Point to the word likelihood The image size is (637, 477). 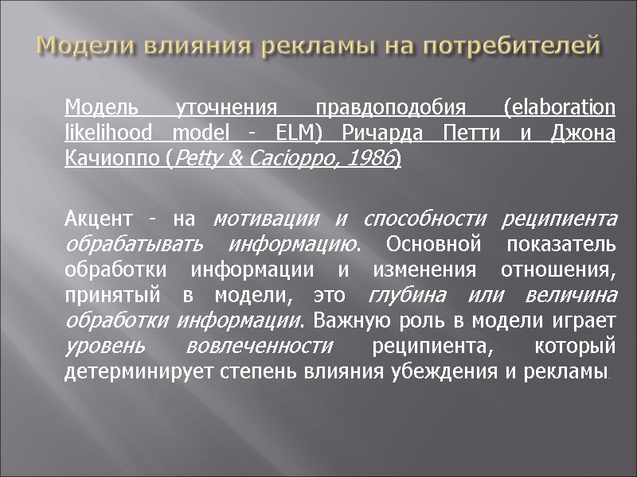coord(107,133)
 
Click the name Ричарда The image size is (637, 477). coord(373,133)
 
